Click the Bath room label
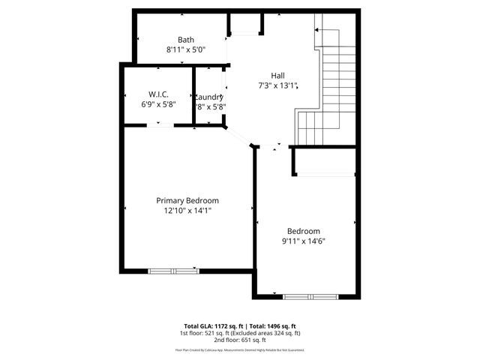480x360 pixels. [186, 40]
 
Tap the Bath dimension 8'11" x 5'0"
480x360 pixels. [186, 49]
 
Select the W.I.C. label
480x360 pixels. [158, 94]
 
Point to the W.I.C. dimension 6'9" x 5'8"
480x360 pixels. [158, 105]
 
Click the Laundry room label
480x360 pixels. [209, 97]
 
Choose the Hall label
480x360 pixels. [277, 75]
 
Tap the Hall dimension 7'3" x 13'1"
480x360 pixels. [277, 85]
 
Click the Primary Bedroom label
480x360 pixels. [187, 200]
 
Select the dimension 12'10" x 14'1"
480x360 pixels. [187, 211]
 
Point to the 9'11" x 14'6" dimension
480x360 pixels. [303, 241]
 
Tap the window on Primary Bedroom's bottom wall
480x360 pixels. [172, 270]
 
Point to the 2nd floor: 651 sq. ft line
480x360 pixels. [240, 340]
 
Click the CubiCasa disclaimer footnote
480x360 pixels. [240, 349]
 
